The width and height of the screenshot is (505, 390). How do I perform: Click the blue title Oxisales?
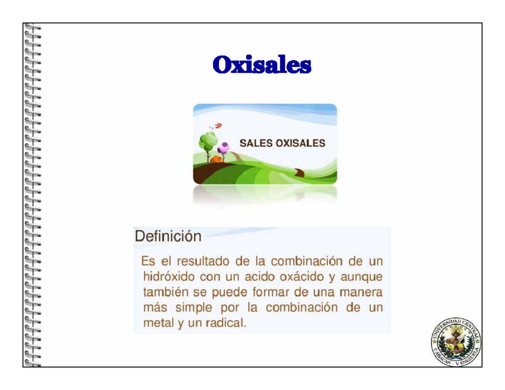261,65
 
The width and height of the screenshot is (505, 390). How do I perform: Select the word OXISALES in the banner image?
300,143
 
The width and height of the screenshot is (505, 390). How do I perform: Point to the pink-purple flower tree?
223,148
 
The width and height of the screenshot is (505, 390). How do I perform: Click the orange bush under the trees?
216,159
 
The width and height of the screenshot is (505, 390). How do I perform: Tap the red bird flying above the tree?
219,125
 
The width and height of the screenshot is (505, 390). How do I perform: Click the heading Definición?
168,236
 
